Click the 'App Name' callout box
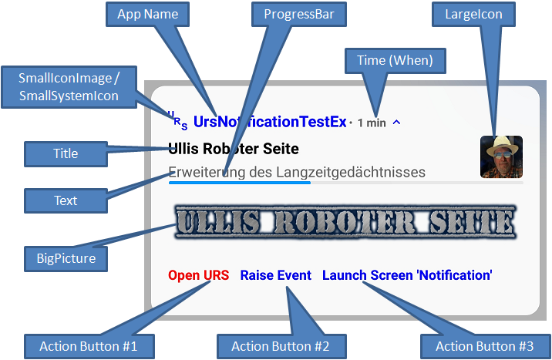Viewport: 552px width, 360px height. click(147, 15)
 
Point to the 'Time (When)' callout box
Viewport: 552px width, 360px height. click(395, 60)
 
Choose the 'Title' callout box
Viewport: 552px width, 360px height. click(66, 153)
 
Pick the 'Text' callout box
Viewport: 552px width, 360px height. click(66, 200)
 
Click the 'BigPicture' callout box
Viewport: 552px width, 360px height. click(66, 258)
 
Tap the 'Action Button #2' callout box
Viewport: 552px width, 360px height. click(280, 346)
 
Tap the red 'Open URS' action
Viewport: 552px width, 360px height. click(198, 275)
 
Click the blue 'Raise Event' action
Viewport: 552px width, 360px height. click(276, 275)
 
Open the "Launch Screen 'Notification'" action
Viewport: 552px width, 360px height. click(407, 275)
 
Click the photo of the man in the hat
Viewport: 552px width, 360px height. click(501, 156)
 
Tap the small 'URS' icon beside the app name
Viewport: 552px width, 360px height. click(177, 120)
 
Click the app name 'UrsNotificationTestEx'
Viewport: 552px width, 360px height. click(270, 122)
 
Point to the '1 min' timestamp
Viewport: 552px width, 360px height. click(372, 123)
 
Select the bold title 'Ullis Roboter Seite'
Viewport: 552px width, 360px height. click(233, 148)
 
